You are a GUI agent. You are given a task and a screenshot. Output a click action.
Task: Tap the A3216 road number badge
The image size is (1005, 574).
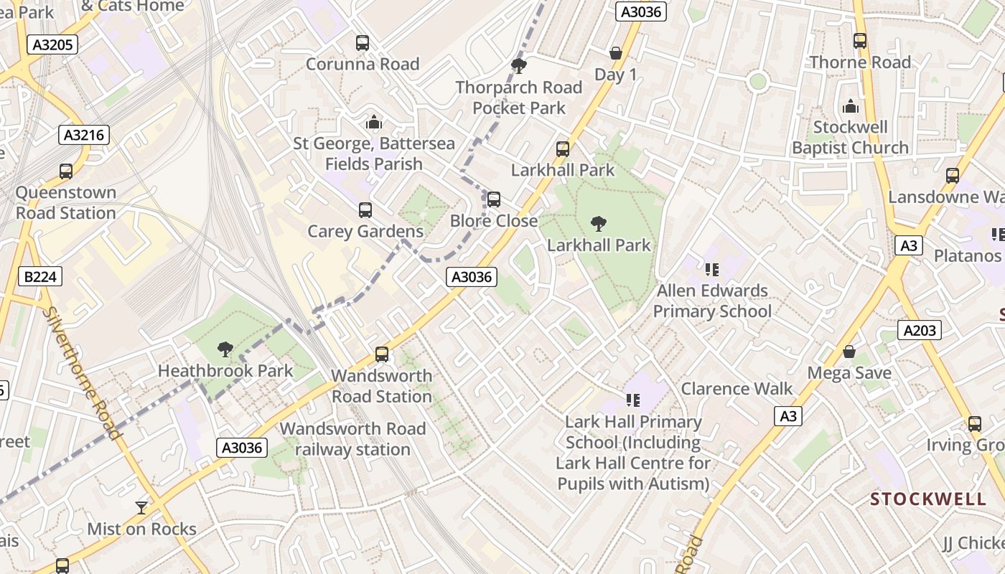point(84,135)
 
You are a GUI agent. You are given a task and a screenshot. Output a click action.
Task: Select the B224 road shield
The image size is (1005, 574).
point(40,276)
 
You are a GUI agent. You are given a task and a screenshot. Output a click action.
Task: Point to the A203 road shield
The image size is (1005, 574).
point(919,330)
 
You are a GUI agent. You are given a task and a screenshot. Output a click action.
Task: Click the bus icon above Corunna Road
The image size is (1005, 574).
point(363,43)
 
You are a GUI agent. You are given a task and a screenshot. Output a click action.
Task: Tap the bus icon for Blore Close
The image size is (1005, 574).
point(494,199)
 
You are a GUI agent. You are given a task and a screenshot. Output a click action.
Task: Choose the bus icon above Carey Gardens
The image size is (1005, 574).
point(365,210)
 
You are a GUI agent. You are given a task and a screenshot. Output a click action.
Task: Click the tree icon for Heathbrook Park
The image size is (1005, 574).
point(225,349)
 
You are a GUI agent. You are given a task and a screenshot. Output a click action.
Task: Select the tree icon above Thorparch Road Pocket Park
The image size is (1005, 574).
point(518,67)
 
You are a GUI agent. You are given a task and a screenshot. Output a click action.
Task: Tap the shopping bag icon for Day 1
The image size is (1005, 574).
point(615,53)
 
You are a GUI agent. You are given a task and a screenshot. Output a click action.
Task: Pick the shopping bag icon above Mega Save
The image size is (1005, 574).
point(849,352)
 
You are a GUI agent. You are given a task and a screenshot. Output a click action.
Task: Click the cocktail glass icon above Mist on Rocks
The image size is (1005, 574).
point(141,508)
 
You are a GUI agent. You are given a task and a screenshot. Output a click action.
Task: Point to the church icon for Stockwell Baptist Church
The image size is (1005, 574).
point(851,107)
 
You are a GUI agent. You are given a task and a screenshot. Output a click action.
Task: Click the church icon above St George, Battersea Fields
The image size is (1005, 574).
point(373,123)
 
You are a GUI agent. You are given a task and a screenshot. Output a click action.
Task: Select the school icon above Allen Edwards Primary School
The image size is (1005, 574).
point(712,270)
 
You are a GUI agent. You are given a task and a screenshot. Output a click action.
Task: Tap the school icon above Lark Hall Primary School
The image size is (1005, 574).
point(632,400)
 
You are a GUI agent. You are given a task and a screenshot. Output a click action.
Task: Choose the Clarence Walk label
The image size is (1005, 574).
point(737,389)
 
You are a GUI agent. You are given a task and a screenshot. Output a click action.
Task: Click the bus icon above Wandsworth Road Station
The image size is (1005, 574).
point(382,354)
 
